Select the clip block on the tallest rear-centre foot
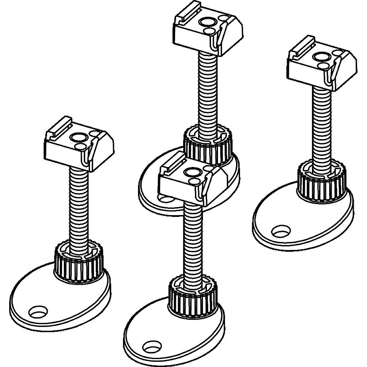tap(207, 31)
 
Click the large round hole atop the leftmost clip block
tap(79, 138)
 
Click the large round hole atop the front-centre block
tap(192, 171)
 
